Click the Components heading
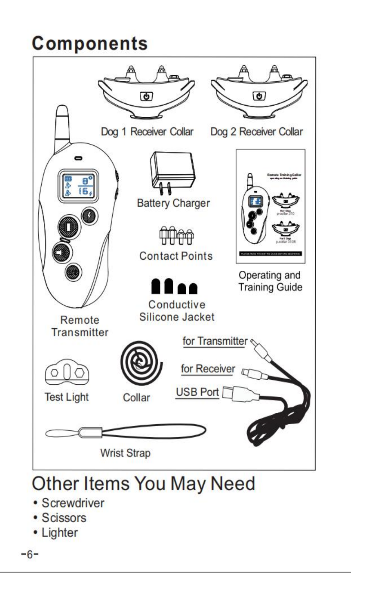pos(90,44)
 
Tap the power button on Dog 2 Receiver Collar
pos(259,96)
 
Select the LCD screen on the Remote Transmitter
pos(78,185)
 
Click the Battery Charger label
pos(174,203)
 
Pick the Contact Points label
pos(176,256)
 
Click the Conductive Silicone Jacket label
pos(177,311)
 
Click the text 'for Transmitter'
pos(215,341)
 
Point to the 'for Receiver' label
pos(208,369)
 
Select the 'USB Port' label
pos(197,392)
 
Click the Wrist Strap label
pos(125,453)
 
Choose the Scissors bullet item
pos(64,518)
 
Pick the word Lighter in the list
pos(60,532)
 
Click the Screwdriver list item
pos(73,503)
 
